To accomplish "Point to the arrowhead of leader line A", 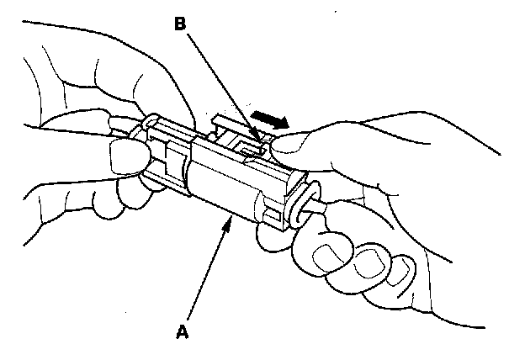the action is (229, 221).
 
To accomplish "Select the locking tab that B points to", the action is (252, 146).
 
